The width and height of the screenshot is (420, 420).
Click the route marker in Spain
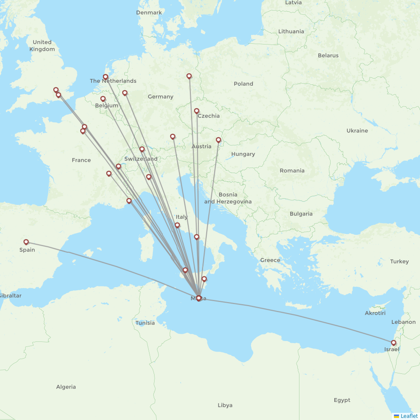(x=26, y=242)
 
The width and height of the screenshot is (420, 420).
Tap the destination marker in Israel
(x=394, y=343)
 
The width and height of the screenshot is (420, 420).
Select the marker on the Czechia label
(x=197, y=111)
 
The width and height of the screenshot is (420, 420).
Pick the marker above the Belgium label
(x=103, y=99)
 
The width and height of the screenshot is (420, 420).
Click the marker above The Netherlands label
(x=105, y=77)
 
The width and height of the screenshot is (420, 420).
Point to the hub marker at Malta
(x=199, y=298)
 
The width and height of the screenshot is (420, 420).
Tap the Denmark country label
(x=149, y=13)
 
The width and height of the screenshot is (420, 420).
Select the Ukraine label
(x=357, y=131)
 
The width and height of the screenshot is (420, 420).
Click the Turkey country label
(x=399, y=261)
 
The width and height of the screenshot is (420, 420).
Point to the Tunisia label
(x=145, y=323)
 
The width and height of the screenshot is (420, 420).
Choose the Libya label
(x=225, y=405)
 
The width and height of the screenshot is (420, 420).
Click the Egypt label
(x=342, y=400)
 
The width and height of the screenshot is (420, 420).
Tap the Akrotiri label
(x=375, y=313)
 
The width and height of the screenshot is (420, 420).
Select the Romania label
(x=292, y=171)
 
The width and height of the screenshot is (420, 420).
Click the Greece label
(x=270, y=260)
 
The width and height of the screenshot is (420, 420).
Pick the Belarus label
(x=328, y=55)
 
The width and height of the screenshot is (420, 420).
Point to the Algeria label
(x=66, y=387)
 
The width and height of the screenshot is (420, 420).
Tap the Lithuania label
(x=291, y=31)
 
